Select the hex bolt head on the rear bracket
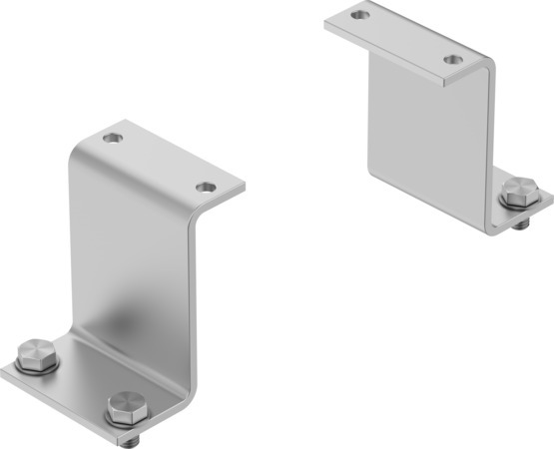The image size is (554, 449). point(518,190)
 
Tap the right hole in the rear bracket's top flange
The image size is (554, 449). point(454,59)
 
